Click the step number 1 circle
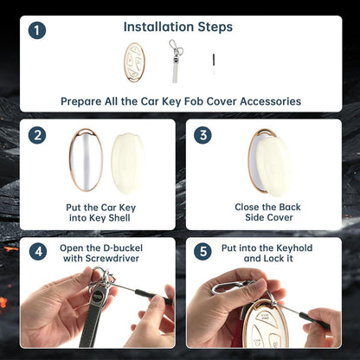click(x=37, y=30)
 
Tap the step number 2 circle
click(x=37, y=135)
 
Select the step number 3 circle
click(x=202, y=135)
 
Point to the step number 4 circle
click(x=38, y=252)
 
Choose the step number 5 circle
click(x=202, y=252)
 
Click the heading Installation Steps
click(x=178, y=27)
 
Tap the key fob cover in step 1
click(x=134, y=62)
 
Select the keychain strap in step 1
click(x=176, y=61)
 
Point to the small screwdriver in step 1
click(x=214, y=64)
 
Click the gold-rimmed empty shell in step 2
click(x=86, y=160)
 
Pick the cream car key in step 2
click(x=127, y=164)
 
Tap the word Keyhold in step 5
click(x=294, y=248)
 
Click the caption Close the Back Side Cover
click(x=268, y=212)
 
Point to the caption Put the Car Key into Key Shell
click(x=100, y=213)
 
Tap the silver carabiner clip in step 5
click(x=230, y=287)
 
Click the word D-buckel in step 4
click(x=122, y=248)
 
